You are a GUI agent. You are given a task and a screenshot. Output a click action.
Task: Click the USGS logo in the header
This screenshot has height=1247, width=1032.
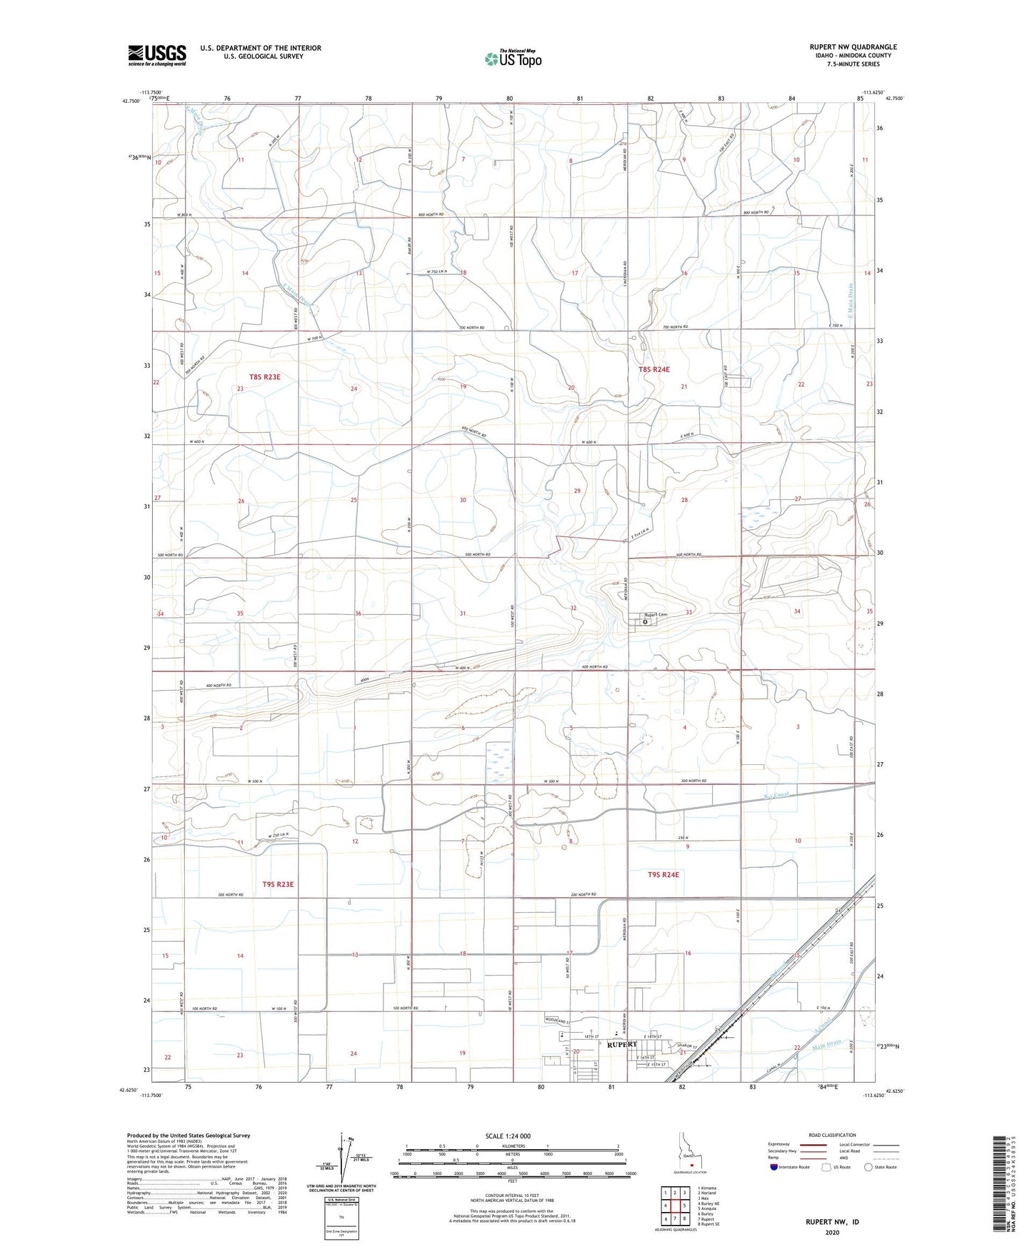click(x=157, y=55)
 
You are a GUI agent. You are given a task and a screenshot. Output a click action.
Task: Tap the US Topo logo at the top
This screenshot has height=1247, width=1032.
click(x=511, y=59)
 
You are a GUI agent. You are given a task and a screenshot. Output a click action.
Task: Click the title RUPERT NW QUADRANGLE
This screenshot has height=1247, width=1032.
click(x=853, y=47)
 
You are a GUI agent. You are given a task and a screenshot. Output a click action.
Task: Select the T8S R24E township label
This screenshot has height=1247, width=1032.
click(x=654, y=369)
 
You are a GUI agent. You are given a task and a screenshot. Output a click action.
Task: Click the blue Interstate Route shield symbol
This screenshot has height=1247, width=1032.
click(x=774, y=1168)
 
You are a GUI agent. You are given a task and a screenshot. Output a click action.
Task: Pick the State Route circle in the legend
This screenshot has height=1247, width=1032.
click(x=868, y=1168)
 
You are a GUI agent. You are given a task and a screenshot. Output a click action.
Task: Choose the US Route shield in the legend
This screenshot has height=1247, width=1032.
click(x=826, y=1168)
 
